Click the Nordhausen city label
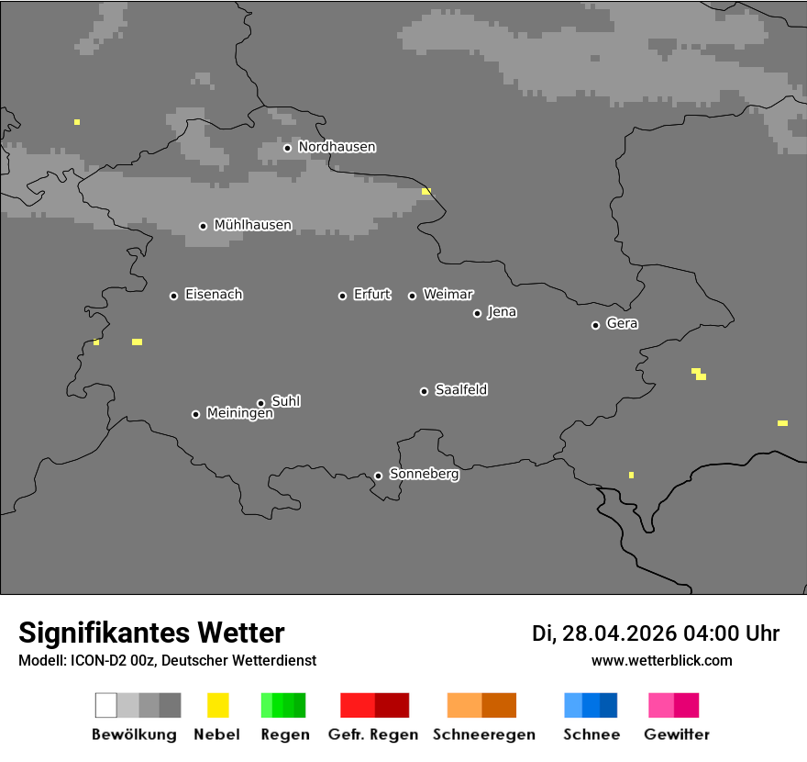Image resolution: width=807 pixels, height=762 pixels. click(x=337, y=147)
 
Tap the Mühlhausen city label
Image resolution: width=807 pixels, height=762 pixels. click(x=252, y=225)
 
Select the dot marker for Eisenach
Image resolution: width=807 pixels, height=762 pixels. click(x=173, y=296)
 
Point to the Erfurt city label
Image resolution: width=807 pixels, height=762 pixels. click(x=371, y=295)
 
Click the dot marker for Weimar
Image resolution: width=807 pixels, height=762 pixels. click(x=412, y=296)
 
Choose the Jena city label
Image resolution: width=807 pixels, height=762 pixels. click(x=502, y=312)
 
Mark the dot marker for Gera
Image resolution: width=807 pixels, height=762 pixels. click(x=595, y=325)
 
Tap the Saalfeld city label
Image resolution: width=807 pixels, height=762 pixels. click(x=460, y=390)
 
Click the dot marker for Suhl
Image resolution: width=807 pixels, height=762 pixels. click(x=260, y=403)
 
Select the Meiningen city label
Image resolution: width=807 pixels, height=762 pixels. click(x=239, y=414)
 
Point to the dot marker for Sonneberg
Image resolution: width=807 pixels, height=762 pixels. click(x=378, y=476)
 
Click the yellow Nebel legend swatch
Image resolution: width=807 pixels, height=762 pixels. click(x=217, y=705)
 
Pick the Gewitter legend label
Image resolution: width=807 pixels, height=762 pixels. click(x=677, y=734)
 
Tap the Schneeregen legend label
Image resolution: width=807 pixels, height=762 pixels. click(x=484, y=734)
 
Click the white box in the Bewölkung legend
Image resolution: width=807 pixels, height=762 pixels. click(x=106, y=705)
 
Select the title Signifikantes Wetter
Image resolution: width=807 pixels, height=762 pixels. click(x=151, y=633)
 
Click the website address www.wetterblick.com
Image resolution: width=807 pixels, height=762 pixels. click(x=661, y=660)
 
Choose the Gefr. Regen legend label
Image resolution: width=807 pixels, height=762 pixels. click(x=373, y=734)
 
